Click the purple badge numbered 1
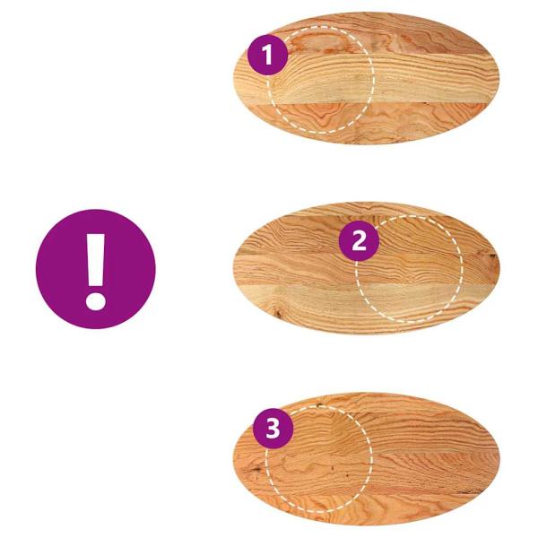tap(267, 55)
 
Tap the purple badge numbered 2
tap(359, 240)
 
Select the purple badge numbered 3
tap(273, 429)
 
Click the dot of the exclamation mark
tap(96, 301)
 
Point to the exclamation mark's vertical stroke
tap(96, 260)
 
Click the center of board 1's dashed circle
tap(320, 79)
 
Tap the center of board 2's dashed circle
tap(409, 269)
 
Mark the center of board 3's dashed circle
tap(318, 459)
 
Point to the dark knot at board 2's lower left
tap(278, 312)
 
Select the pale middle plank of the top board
tap(367, 79)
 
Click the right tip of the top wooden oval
tap(499, 80)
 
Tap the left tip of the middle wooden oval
tap(235, 267)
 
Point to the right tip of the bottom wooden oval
tap(499, 460)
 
